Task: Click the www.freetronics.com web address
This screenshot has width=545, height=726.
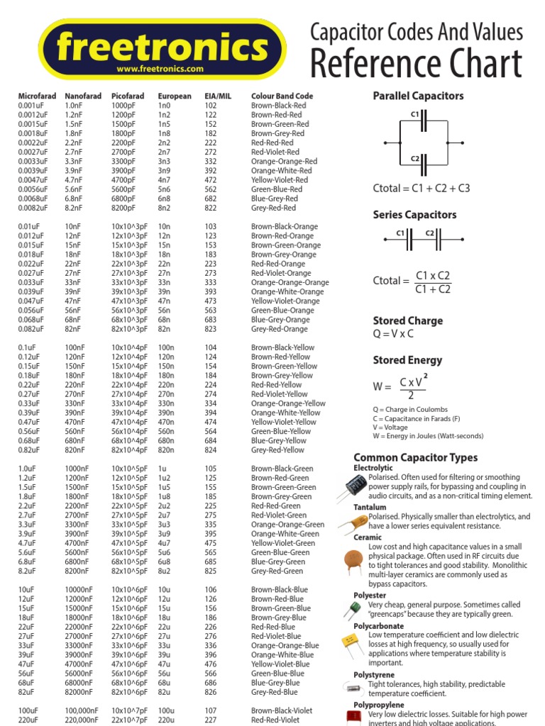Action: tap(160, 69)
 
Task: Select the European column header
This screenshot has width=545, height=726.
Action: tap(175, 96)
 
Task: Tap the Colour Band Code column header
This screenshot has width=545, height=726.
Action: tap(282, 96)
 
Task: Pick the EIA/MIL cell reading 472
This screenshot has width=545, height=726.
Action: tap(211, 180)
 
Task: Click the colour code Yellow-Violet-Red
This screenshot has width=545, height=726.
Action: tap(281, 180)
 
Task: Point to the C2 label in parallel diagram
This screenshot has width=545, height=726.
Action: tap(415, 160)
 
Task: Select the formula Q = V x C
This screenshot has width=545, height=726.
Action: tap(393, 334)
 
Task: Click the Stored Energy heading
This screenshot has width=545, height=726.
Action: tap(407, 360)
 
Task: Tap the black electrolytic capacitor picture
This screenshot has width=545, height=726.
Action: tap(356, 486)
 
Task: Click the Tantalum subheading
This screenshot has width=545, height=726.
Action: tap(370, 508)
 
